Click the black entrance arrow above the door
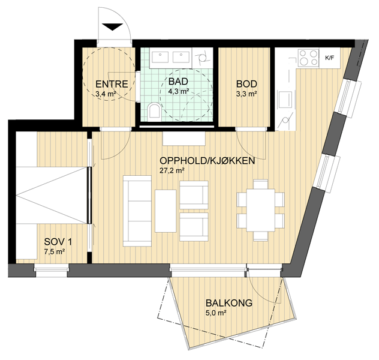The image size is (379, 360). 112,26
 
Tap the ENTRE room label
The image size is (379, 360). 112,84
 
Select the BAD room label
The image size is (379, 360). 178,82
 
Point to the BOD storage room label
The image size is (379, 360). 246,84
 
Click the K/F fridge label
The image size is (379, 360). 330,58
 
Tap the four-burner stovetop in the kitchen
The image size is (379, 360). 308,58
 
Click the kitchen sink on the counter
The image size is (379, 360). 285,100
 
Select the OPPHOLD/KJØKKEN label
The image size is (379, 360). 207,161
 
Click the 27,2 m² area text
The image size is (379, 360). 172,170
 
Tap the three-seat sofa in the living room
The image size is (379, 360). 137,211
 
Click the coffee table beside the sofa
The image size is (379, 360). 166,211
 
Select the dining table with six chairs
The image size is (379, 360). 260,210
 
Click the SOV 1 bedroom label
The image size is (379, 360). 58,242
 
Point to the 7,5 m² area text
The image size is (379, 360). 55,251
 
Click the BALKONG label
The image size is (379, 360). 229,302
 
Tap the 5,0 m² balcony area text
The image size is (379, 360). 216,313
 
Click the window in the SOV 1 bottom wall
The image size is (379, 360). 51,271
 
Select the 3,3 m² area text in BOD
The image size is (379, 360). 246,94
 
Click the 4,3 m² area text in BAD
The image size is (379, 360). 178,91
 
